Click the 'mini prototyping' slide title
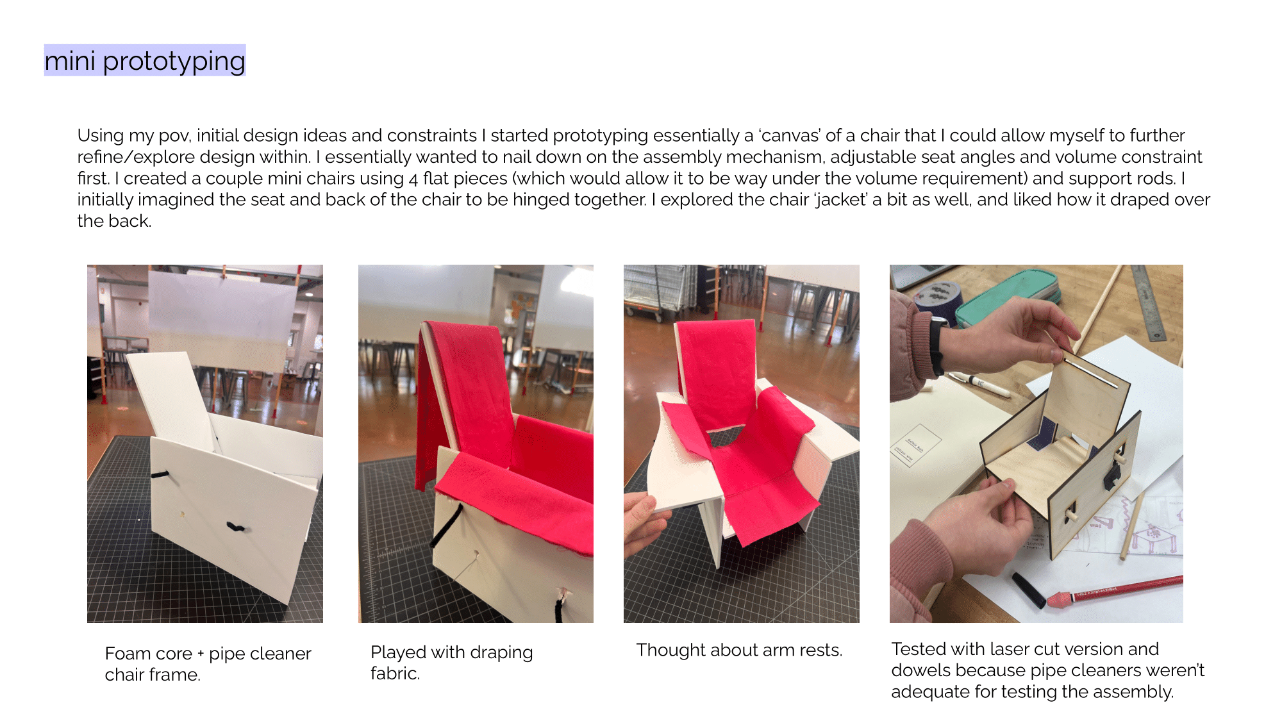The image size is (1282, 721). (145, 61)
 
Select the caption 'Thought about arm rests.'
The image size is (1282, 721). (739, 650)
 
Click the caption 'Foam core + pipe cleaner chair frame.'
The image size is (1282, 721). (208, 664)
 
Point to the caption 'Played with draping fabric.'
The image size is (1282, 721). (451, 663)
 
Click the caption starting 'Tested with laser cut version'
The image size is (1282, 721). (1047, 670)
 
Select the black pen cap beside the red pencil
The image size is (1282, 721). (1028, 590)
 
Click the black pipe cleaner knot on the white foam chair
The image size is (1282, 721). (235, 527)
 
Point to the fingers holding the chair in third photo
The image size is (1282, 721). (644, 522)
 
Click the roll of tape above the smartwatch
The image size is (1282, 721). (937, 297)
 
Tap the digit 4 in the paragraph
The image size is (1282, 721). (413, 179)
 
